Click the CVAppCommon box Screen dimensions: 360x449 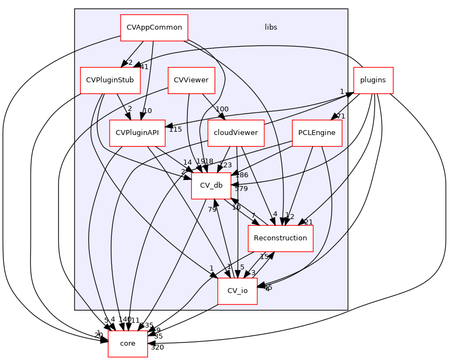(x=154, y=27)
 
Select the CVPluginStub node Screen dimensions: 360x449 (x=111, y=80)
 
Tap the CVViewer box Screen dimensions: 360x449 (x=191, y=80)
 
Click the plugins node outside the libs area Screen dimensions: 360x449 (x=373, y=80)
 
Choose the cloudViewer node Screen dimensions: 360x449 (x=236, y=133)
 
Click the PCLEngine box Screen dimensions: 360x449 (x=317, y=133)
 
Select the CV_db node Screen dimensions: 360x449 (x=211, y=185)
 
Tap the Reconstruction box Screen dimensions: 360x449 (x=281, y=238)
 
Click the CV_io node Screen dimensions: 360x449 (x=237, y=291)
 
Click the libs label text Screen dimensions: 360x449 (x=271, y=27)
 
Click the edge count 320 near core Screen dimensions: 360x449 (x=157, y=347)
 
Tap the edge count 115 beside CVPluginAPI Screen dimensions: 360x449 (x=175, y=130)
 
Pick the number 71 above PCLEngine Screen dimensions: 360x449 (x=340, y=116)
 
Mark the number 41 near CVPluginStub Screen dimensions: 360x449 (x=144, y=67)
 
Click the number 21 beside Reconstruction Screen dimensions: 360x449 (x=308, y=222)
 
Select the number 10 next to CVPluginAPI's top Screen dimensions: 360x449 (x=147, y=111)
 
